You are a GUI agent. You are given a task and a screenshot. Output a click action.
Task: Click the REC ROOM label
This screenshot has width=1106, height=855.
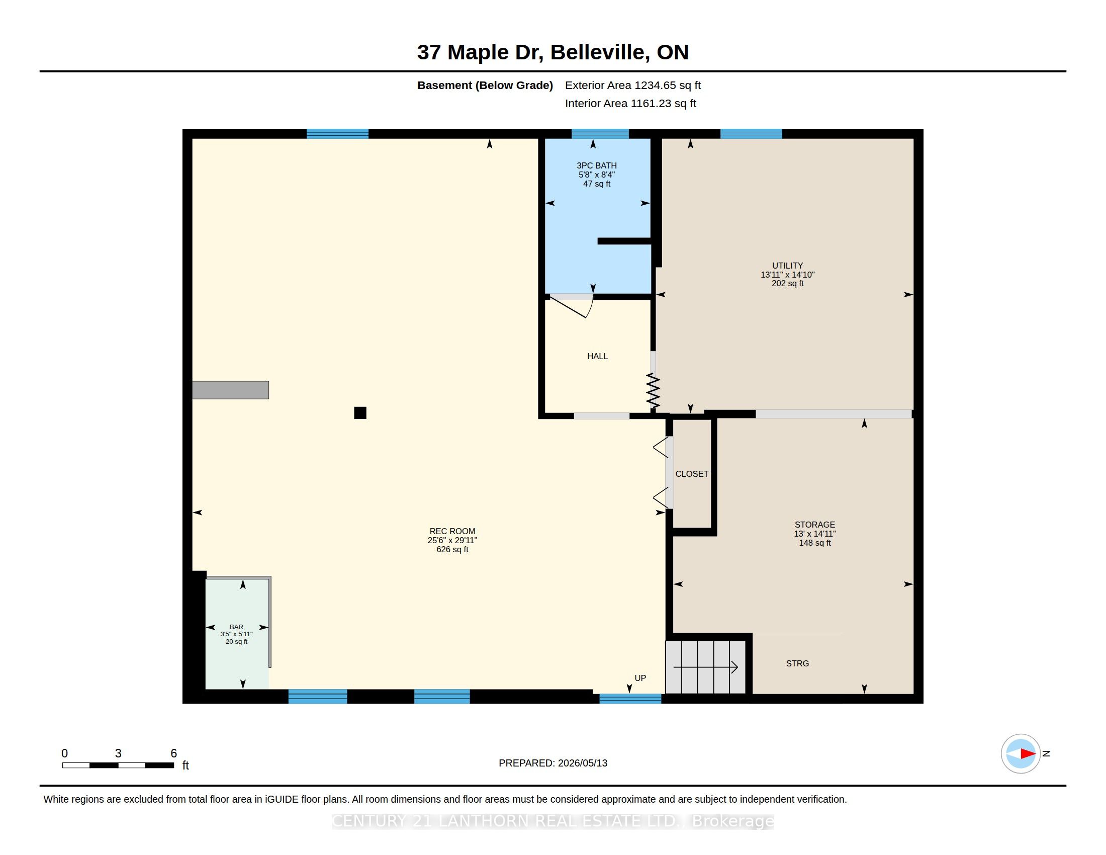pyautogui.click(x=452, y=531)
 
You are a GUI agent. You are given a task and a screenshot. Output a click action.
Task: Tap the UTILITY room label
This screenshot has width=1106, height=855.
pyautogui.click(x=787, y=266)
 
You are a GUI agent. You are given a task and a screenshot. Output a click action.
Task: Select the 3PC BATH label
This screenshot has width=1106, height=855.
pyautogui.click(x=597, y=165)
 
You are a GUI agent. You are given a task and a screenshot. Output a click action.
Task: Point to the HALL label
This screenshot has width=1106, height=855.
pyautogui.click(x=598, y=356)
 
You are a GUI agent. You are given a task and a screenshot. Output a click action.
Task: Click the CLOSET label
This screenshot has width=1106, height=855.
pyautogui.click(x=692, y=474)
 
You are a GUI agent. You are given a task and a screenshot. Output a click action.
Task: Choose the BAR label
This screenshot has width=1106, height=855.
pyautogui.click(x=236, y=627)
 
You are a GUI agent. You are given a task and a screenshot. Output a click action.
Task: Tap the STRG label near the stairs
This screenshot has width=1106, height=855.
pyautogui.click(x=798, y=663)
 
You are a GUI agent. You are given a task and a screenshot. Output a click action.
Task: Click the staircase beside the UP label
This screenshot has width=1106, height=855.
pyautogui.click(x=705, y=667)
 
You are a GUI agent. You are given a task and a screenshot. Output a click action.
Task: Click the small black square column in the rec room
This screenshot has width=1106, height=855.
pyautogui.click(x=360, y=413)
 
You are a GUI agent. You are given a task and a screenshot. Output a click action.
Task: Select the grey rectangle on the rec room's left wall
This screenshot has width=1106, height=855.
pyautogui.click(x=230, y=390)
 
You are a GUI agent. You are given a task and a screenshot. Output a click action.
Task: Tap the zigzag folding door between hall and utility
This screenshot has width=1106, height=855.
pyautogui.click(x=653, y=391)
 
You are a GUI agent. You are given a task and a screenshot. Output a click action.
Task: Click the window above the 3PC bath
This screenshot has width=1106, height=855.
pyautogui.click(x=600, y=134)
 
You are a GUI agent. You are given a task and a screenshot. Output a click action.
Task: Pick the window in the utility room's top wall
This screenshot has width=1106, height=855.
pyautogui.click(x=751, y=134)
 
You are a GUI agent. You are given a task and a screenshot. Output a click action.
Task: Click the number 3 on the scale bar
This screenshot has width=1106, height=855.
pyautogui.click(x=118, y=753)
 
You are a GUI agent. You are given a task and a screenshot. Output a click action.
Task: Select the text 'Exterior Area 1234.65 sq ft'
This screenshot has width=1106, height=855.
pyautogui.click(x=633, y=85)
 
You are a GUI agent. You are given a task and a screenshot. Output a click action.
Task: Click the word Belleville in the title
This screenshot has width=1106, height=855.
pyautogui.click(x=598, y=52)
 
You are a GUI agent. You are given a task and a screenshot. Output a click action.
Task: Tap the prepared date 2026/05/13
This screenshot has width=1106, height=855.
pyautogui.click(x=582, y=763)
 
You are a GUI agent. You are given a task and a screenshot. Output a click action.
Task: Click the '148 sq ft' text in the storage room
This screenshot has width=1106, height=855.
pyautogui.click(x=815, y=543)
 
